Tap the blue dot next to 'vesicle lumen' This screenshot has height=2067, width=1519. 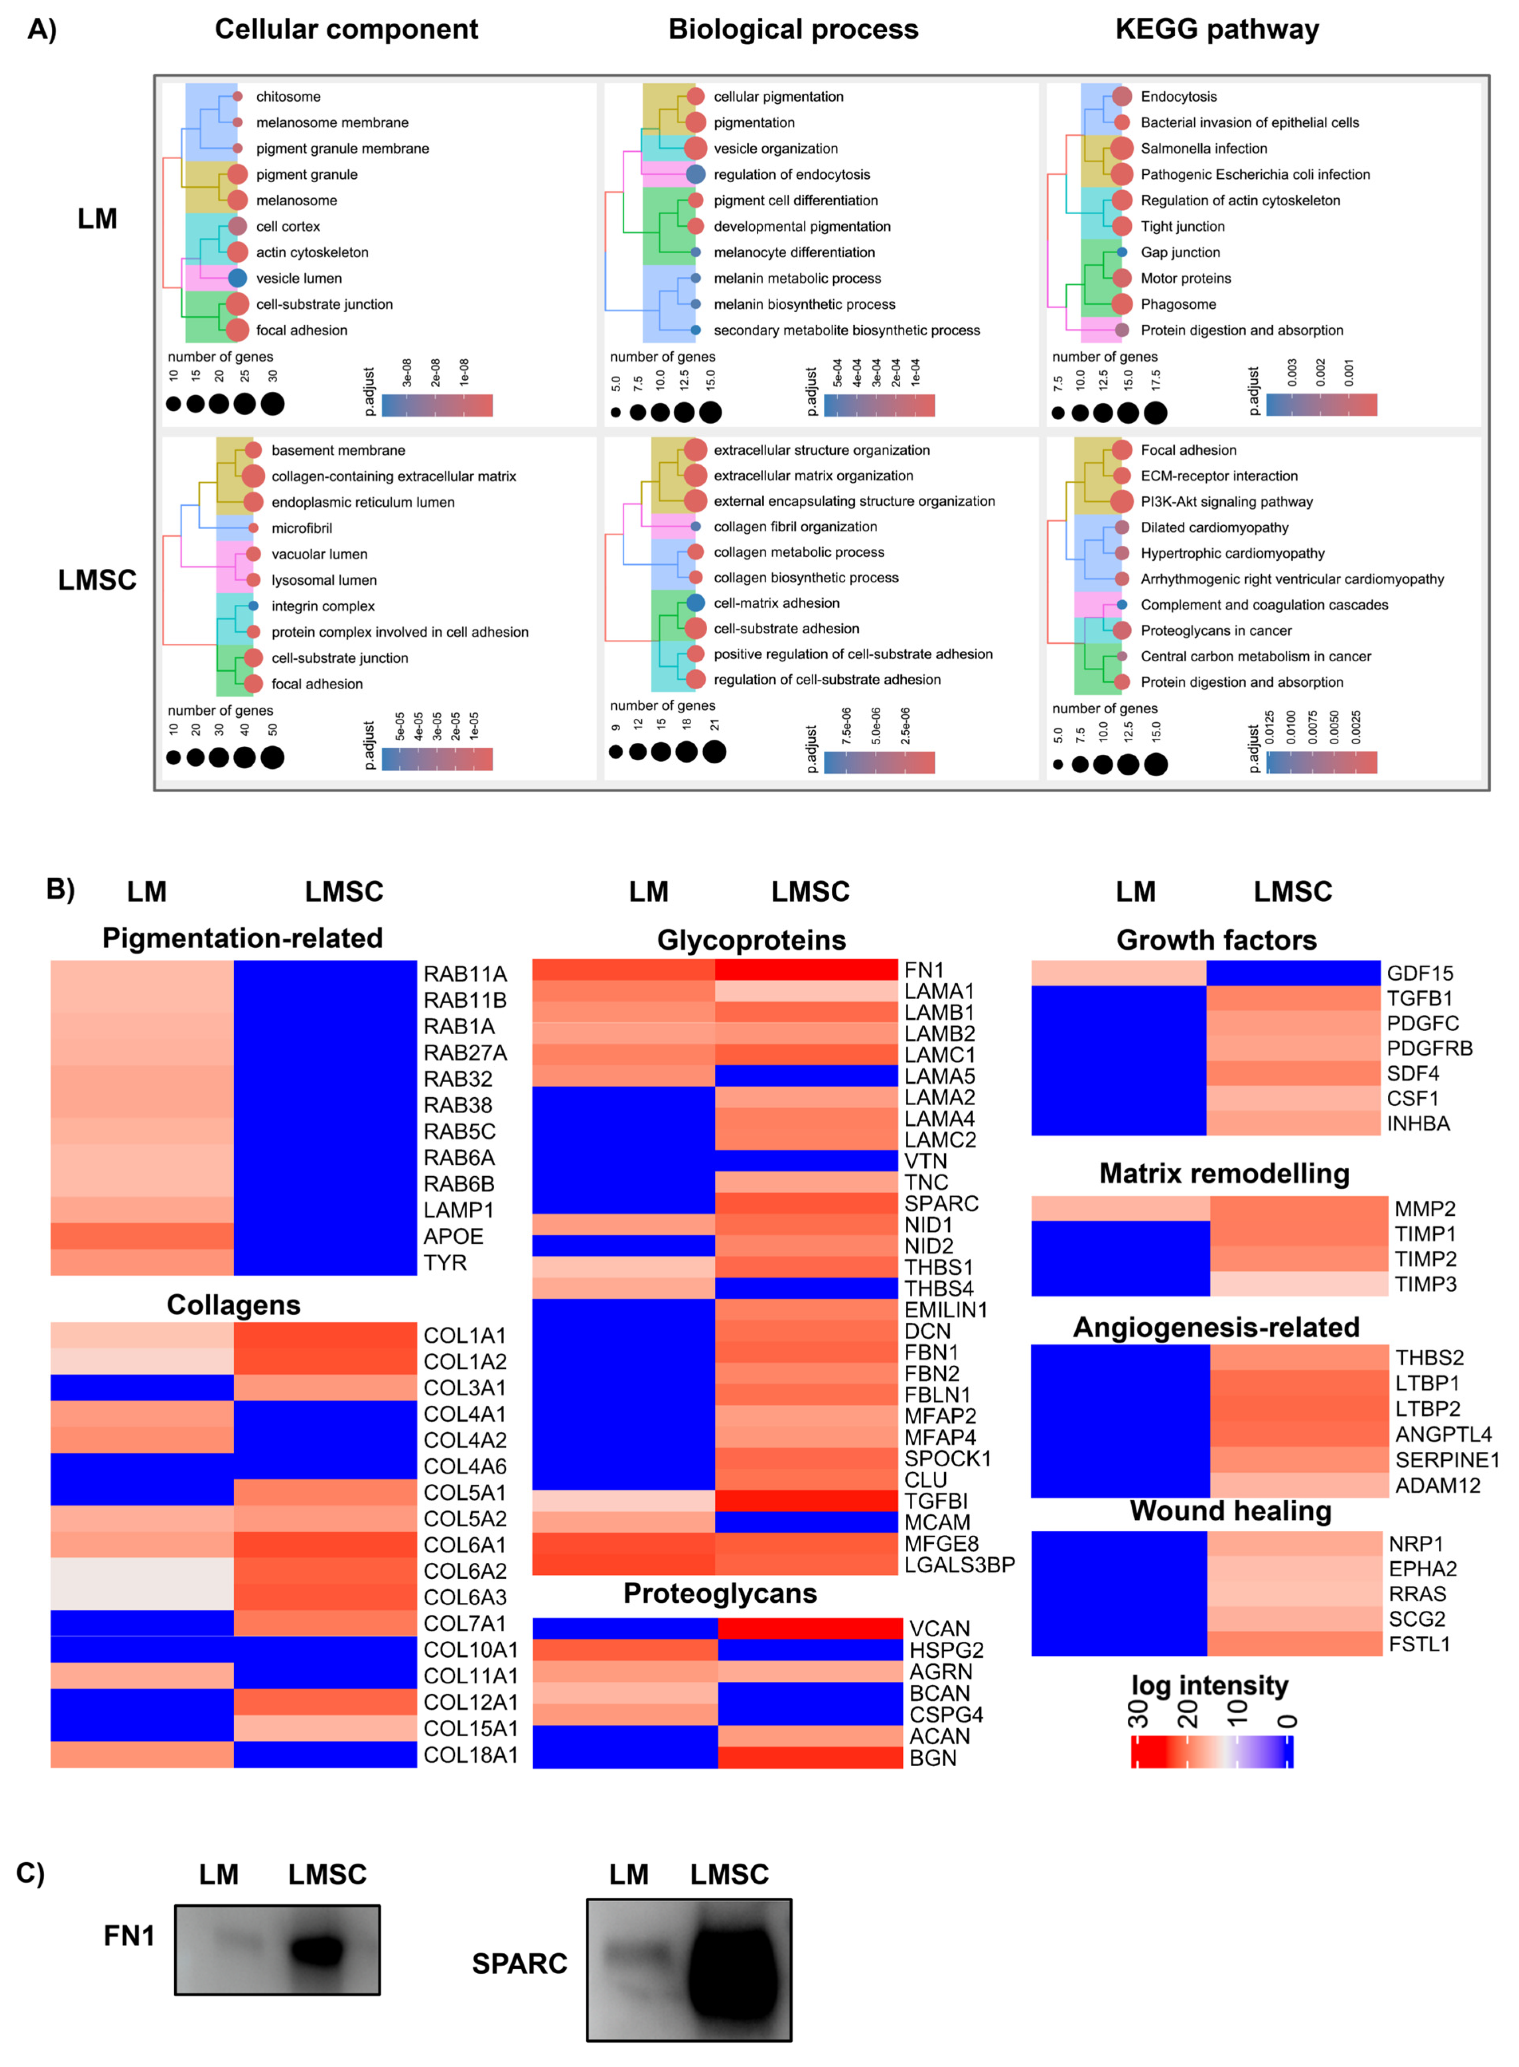tap(237, 278)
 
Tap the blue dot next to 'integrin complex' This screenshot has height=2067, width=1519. tap(253, 606)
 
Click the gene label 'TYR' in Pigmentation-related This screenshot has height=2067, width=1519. tap(445, 1262)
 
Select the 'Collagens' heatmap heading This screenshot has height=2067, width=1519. tap(233, 1305)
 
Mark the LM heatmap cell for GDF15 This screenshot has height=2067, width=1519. tap(1118, 973)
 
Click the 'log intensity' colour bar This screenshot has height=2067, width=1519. tap(1212, 1751)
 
